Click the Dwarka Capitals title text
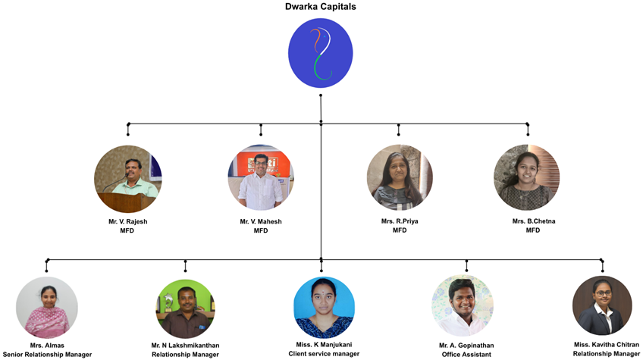pos(321,7)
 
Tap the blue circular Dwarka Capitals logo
pos(321,52)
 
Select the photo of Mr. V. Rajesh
pos(127,178)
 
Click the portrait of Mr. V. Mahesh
pos(260,178)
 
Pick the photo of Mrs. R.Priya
pos(399,178)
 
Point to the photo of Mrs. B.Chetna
pos(526,178)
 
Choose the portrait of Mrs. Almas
pos(47,307)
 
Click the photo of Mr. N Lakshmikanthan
pos(185,308)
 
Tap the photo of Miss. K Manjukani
pos(324,307)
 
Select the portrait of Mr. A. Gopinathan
pos(463,306)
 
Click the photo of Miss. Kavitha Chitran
pos(602,305)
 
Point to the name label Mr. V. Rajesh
pos(127,221)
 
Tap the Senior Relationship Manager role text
pos(47,355)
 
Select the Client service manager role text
pos(324,354)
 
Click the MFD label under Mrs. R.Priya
pos(400,230)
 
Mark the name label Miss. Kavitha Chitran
pos(607,344)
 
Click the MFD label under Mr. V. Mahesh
pos(261,230)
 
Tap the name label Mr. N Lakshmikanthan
pos(185,346)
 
